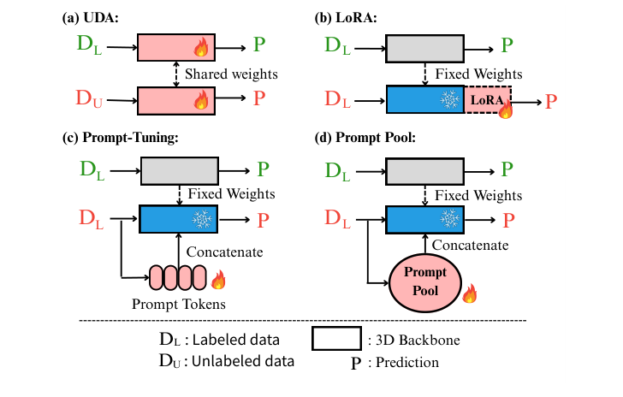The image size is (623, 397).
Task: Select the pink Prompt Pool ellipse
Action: tap(426, 283)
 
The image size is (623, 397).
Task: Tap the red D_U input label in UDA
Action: tap(90, 101)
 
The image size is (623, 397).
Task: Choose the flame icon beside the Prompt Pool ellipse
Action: tap(470, 295)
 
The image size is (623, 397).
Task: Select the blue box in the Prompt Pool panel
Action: tap(424, 219)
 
